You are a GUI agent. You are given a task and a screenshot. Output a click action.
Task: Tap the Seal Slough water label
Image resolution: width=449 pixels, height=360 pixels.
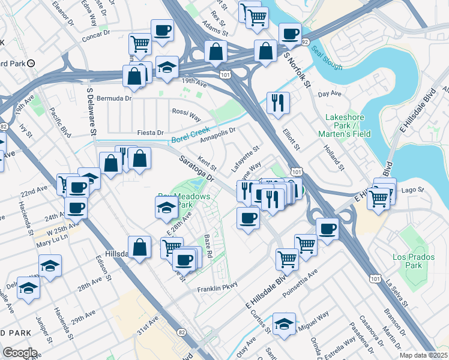click(325, 56)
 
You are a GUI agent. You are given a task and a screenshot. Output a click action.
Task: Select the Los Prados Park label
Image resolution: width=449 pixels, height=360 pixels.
click(409, 261)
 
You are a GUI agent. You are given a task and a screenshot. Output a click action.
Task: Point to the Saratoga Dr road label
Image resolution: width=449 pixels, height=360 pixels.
click(197, 169)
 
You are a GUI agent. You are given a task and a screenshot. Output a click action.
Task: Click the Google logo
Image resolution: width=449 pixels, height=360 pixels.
click(20, 353)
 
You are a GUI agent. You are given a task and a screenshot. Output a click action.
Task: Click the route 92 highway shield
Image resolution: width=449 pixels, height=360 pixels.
click(305, 42)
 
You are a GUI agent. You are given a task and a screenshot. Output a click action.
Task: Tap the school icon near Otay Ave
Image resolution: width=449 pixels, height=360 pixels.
click(284, 323)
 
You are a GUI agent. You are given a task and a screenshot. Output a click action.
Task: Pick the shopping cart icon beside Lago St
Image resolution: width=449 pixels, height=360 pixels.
click(379, 197)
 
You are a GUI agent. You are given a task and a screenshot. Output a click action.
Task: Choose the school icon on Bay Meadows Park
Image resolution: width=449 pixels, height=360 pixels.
click(166, 208)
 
